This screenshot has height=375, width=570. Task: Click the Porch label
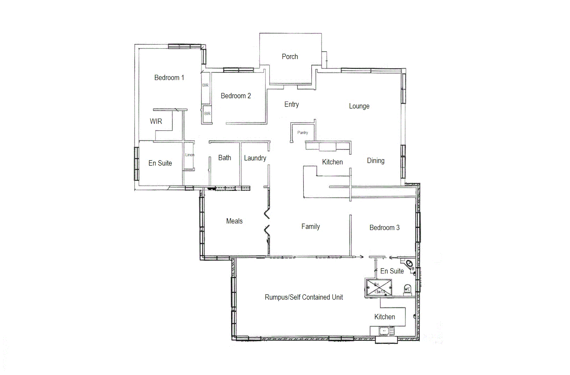click(290, 57)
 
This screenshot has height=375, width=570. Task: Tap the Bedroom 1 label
click(169, 78)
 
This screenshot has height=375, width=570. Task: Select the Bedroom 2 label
click(236, 96)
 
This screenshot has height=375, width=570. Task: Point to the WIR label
click(156, 122)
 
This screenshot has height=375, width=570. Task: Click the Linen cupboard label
click(189, 155)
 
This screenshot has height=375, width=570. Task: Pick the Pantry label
click(303, 133)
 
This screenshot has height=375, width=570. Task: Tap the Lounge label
click(359, 106)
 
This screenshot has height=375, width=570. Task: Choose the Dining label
click(376, 161)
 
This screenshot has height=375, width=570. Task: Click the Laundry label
click(255, 158)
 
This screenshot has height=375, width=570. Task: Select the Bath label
click(224, 158)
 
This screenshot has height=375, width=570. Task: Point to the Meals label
click(234, 221)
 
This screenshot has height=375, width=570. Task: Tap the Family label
click(310, 227)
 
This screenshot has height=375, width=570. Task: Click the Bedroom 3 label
click(384, 228)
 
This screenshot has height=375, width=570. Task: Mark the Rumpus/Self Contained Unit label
click(304, 297)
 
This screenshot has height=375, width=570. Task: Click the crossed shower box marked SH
click(379, 288)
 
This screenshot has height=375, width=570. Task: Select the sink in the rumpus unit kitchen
click(384, 331)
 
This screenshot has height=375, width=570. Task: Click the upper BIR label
click(205, 85)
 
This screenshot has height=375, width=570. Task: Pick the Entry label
click(291, 105)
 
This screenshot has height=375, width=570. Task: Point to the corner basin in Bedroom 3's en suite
click(410, 264)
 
